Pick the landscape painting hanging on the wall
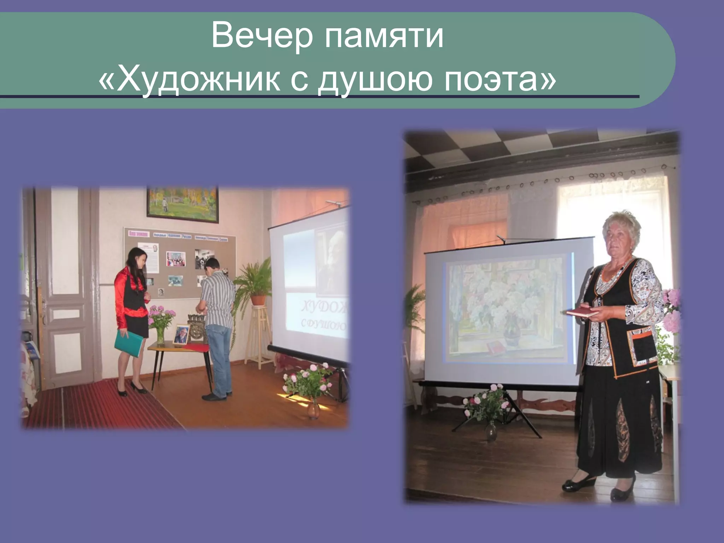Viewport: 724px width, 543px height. coord(183,204)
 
